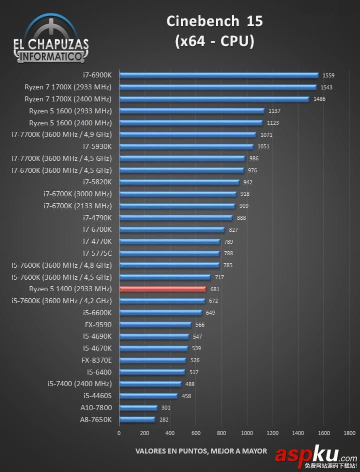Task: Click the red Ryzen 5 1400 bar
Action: (x=162, y=289)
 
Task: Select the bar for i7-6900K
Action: (x=218, y=75)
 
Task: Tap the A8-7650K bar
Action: (x=137, y=420)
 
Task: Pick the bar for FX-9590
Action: (x=155, y=325)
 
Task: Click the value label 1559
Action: (x=328, y=75)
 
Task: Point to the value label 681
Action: (x=215, y=289)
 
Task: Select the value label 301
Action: (x=165, y=408)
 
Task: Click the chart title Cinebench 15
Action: (x=214, y=21)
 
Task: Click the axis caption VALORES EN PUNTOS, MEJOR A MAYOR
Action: (x=201, y=451)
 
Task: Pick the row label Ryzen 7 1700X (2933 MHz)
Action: (x=68, y=87)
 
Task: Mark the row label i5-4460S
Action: (x=97, y=396)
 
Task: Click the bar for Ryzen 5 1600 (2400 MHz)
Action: (x=190, y=123)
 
